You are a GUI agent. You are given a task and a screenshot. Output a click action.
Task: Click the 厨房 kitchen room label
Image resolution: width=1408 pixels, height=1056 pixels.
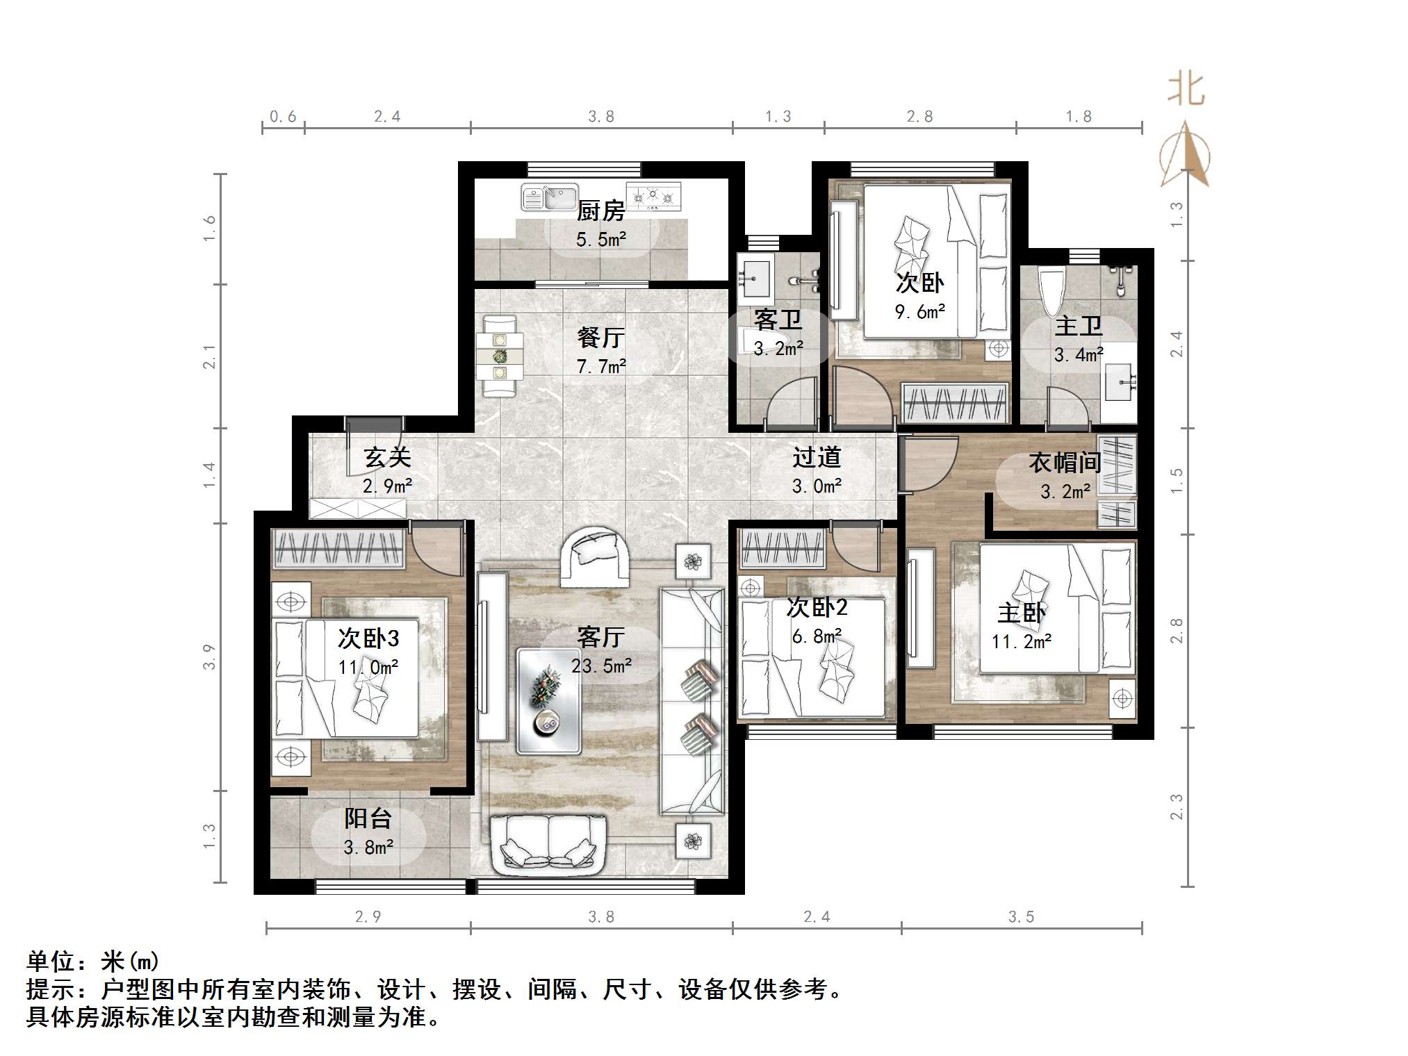(x=600, y=211)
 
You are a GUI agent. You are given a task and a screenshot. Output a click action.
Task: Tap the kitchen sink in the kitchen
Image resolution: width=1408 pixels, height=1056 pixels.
(x=550, y=198)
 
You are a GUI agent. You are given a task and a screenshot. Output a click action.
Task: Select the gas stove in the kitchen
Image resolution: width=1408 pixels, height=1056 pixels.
(x=653, y=197)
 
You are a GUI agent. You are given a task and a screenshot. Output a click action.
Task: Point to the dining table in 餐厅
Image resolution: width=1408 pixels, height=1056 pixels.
(x=500, y=356)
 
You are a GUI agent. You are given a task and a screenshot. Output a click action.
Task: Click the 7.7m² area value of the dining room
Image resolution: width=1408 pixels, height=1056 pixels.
(x=601, y=366)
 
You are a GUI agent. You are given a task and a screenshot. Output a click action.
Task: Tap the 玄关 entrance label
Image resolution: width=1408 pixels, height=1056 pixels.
(x=387, y=458)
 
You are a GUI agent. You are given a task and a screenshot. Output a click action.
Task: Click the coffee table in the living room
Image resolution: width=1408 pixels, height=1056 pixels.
(x=548, y=700)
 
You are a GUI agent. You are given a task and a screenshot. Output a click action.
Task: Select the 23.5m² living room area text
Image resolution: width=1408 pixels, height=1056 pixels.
(x=601, y=666)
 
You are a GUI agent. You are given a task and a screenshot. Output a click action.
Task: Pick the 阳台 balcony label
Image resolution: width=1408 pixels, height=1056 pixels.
(x=368, y=818)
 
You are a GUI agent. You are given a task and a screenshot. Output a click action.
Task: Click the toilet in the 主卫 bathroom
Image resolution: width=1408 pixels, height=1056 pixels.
(x=1049, y=292)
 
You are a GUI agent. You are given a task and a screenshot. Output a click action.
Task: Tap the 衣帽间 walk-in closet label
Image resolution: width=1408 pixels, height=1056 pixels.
(x=1065, y=463)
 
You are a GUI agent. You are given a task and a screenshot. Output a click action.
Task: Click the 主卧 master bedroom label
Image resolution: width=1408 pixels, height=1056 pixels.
(x=1021, y=613)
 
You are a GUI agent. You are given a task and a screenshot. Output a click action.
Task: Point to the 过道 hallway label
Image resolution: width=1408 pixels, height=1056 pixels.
(x=817, y=458)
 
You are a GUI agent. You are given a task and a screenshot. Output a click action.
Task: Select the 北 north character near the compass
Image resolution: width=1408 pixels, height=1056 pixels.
(x=1186, y=90)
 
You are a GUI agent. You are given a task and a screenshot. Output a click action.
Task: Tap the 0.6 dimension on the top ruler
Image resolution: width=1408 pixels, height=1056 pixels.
(x=282, y=117)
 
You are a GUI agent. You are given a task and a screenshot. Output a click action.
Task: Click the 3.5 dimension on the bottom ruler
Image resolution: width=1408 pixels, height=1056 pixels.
(x=1021, y=917)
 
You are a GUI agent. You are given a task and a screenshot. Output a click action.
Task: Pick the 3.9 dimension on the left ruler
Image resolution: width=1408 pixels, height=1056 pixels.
(x=209, y=657)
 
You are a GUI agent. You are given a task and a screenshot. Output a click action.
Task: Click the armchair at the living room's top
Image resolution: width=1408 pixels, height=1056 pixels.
(x=595, y=556)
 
